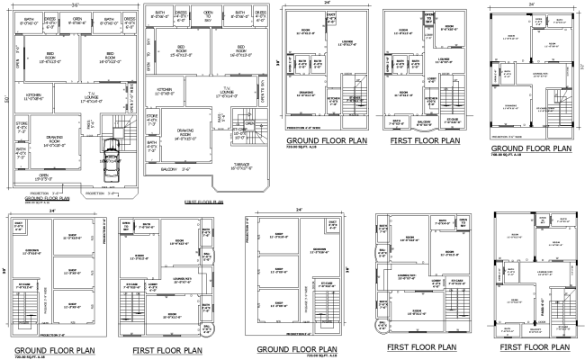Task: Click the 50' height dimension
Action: [x=4, y=99]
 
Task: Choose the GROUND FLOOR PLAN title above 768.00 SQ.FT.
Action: [x=531, y=148]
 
